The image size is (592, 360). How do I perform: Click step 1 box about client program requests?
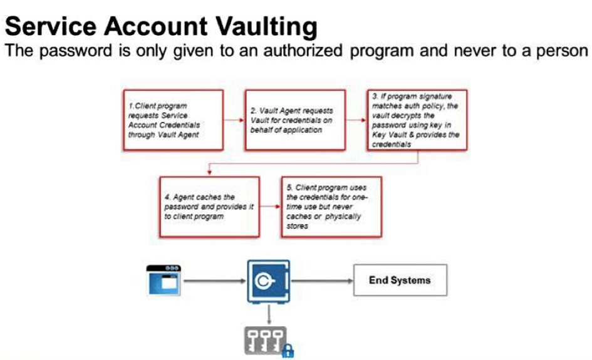click(x=173, y=120)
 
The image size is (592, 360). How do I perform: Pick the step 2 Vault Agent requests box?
click(x=294, y=120)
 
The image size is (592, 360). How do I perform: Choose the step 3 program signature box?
click(x=417, y=120)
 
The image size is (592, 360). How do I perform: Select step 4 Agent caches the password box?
click(x=208, y=207)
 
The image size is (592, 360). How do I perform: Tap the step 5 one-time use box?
click(x=331, y=207)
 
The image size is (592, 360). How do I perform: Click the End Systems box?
click(x=399, y=280)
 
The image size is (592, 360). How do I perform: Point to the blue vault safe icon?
click(x=268, y=281)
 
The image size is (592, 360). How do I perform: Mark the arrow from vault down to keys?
click(x=268, y=314)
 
